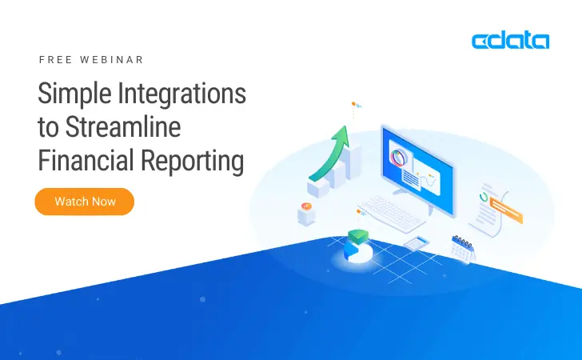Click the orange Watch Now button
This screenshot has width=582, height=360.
pyautogui.click(x=84, y=202)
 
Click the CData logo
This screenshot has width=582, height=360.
pyautogui.click(x=510, y=41)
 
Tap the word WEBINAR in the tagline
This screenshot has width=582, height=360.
pyautogui.click(x=114, y=60)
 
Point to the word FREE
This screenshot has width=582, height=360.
pyautogui.click(x=54, y=60)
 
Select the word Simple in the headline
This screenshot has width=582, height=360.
pyautogui.click(x=74, y=95)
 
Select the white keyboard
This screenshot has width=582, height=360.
pyautogui.click(x=393, y=212)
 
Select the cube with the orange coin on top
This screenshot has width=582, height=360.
pyautogui.click(x=306, y=214)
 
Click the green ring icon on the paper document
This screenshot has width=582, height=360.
pyautogui.click(x=485, y=195)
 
